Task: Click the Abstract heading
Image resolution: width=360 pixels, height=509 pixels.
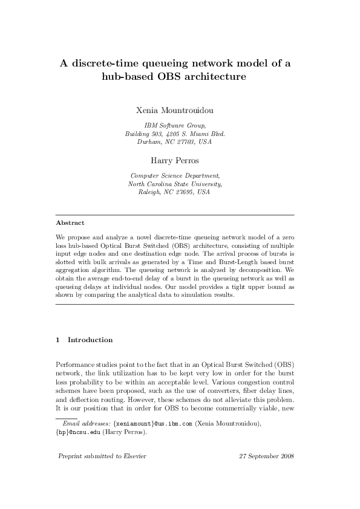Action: click(x=70, y=222)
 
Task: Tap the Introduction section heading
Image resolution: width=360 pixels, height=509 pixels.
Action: click(x=90, y=340)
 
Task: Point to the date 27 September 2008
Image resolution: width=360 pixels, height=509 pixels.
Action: click(x=266, y=455)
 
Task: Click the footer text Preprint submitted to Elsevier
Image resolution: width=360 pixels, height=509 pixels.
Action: click(x=101, y=455)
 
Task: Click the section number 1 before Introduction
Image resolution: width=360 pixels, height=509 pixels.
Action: click(x=57, y=340)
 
